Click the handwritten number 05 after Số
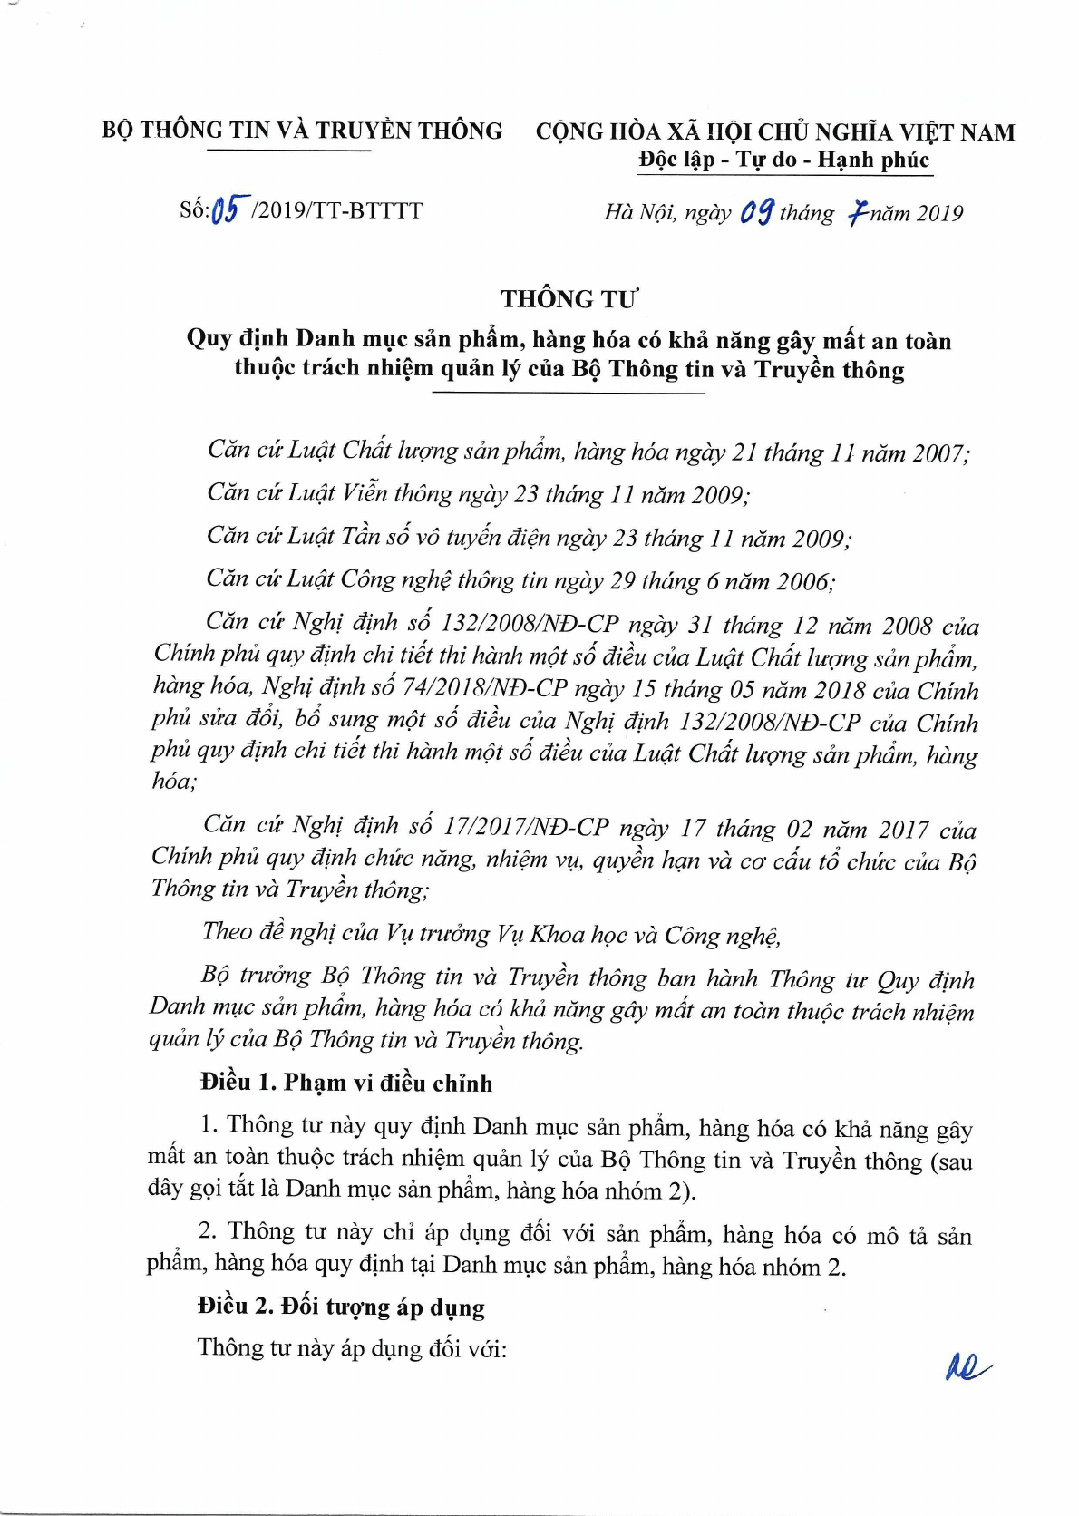click(x=226, y=210)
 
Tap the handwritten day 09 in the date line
click(x=755, y=213)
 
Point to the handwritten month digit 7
click(x=855, y=214)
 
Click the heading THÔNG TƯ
click(x=570, y=299)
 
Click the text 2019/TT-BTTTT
click(x=340, y=211)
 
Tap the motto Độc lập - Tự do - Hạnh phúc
click(x=783, y=160)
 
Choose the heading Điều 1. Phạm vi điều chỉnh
click(x=346, y=1083)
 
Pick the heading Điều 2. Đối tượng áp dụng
click(x=341, y=1307)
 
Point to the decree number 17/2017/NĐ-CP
click(x=526, y=828)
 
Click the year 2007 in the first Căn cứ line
click(x=939, y=453)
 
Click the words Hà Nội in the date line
click(x=640, y=213)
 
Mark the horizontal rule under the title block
click(x=569, y=394)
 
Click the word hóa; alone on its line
click(x=174, y=782)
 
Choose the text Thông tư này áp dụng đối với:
click(x=352, y=1348)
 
